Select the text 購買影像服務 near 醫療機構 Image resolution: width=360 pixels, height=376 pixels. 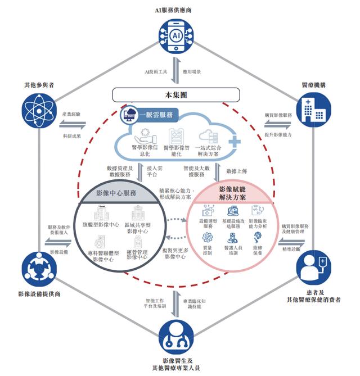coord(278,115)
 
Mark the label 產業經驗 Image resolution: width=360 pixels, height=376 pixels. coord(71,114)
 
